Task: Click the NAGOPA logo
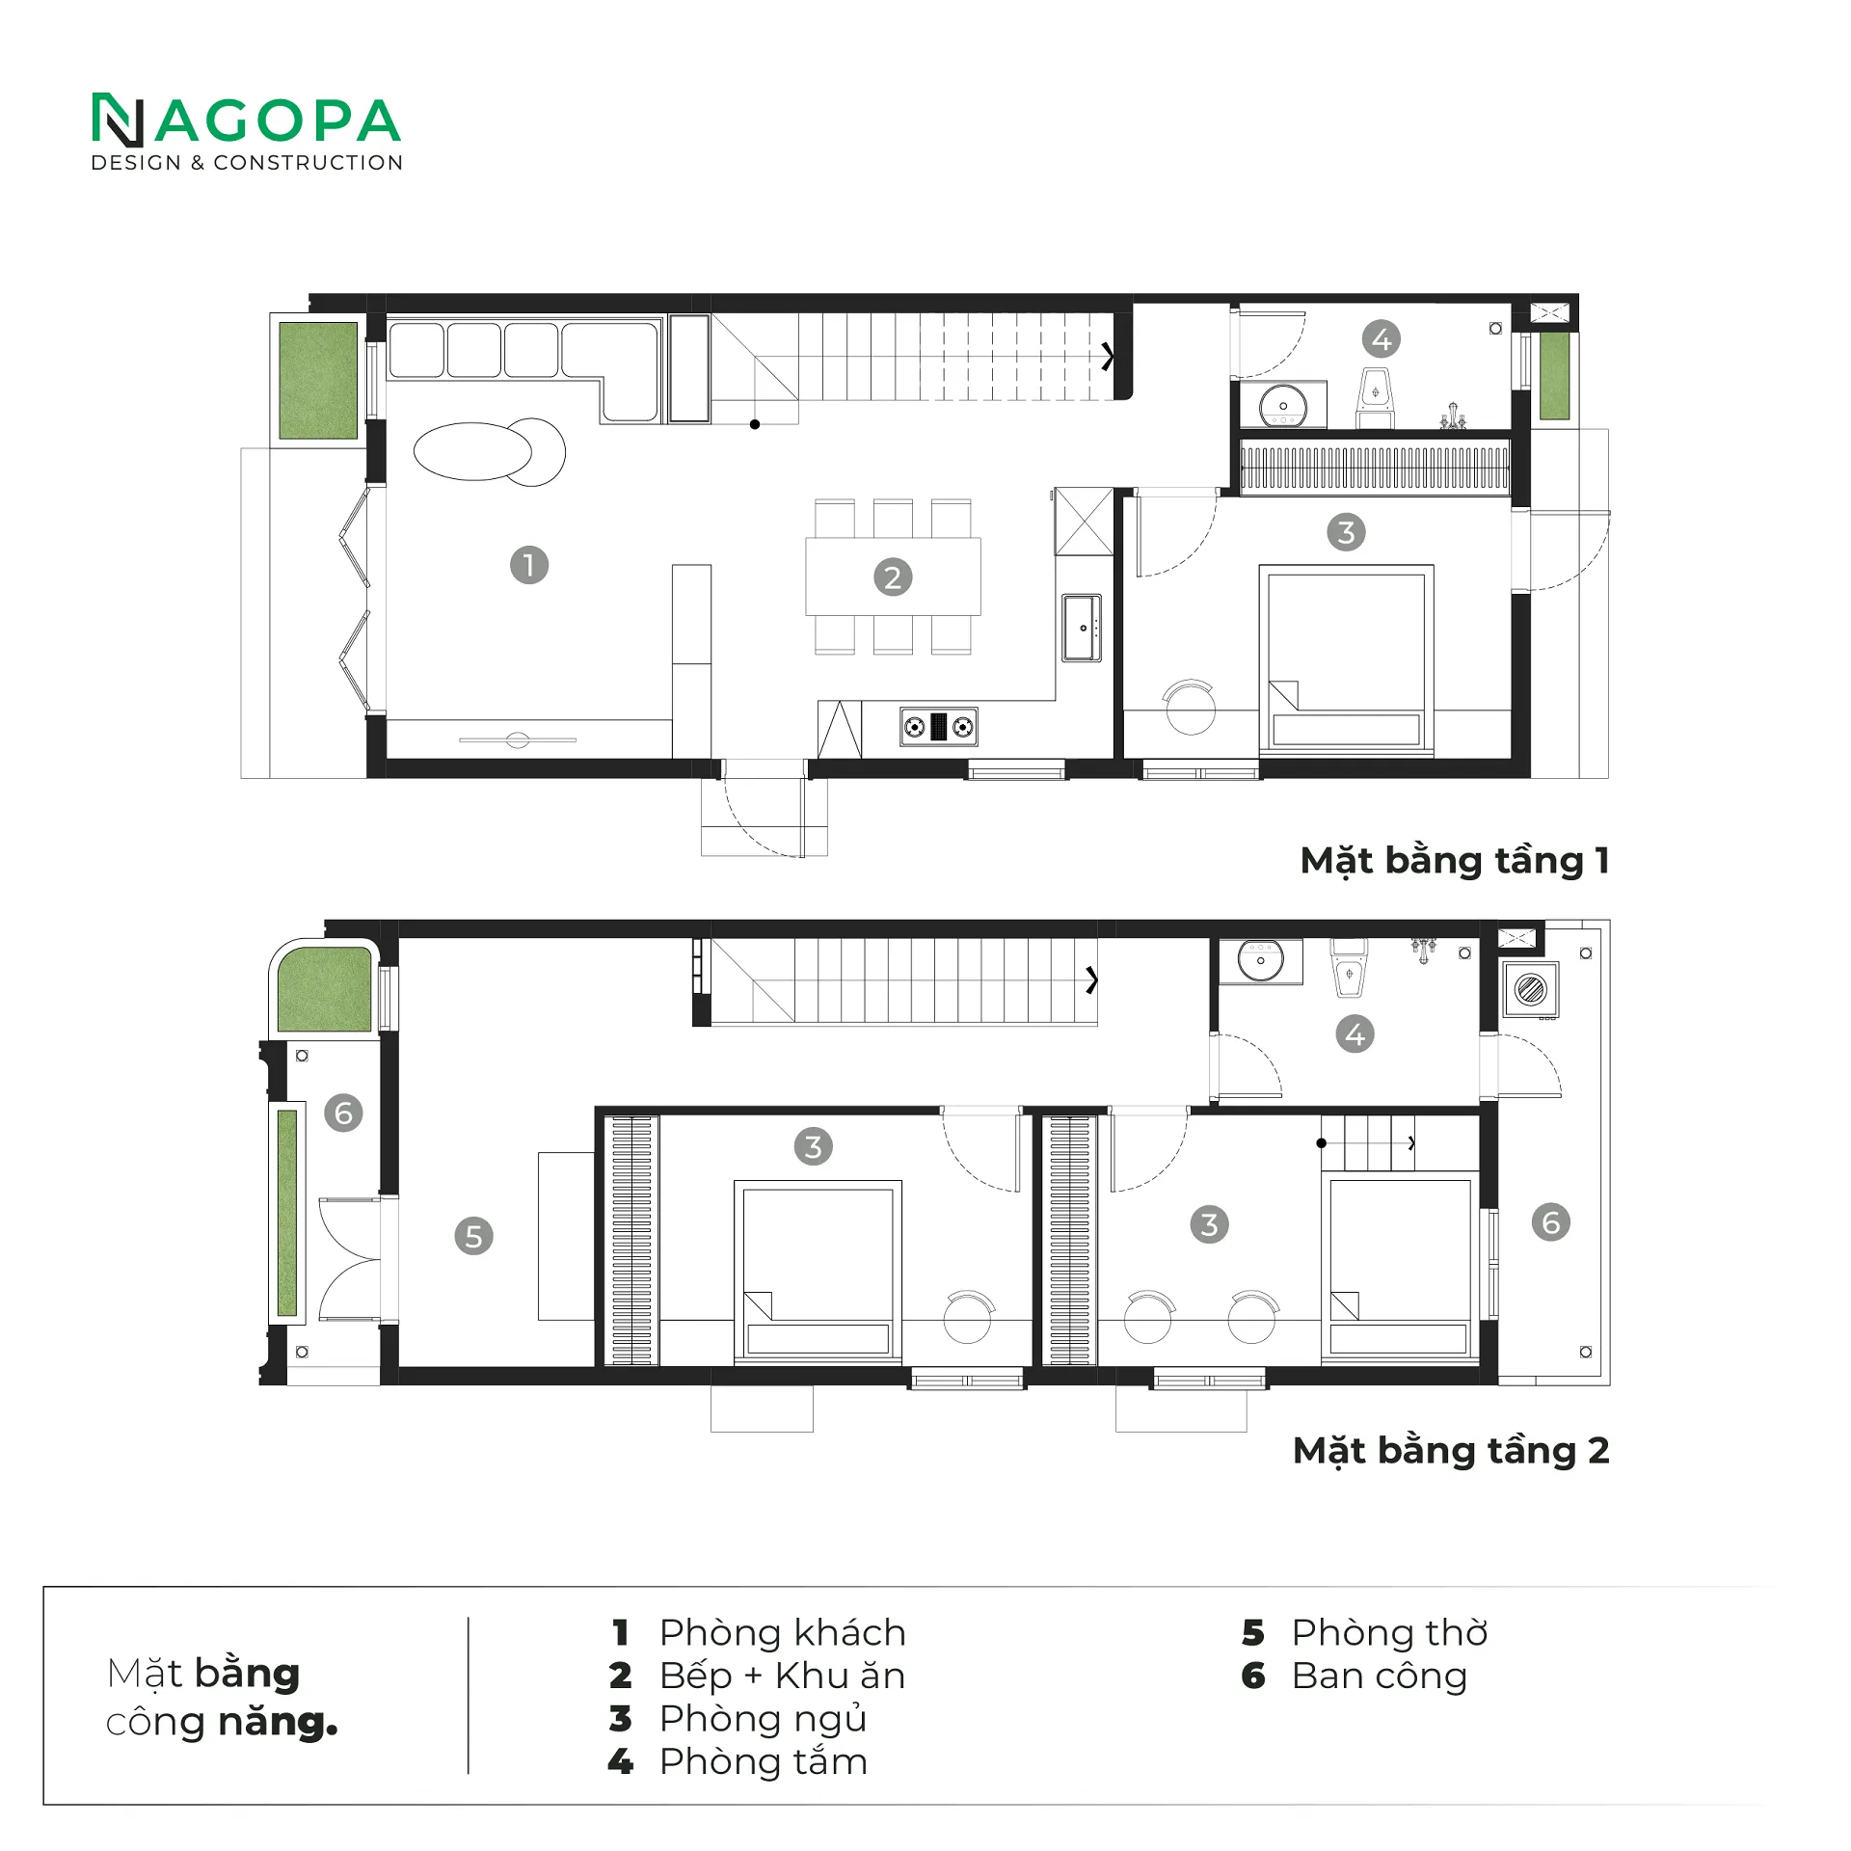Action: click(x=246, y=131)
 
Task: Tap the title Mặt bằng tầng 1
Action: click(x=1455, y=861)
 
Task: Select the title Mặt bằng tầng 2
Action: click(x=1451, y=1451)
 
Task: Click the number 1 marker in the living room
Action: click(x=529, y=565)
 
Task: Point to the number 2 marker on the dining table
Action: click(x=893, y=577)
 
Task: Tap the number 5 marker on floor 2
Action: click(x=473, y=1236)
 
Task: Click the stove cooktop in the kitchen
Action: click(x=939, y=727)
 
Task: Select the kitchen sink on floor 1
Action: click(x=1082, y=628)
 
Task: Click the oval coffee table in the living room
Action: click(x=472, y=451)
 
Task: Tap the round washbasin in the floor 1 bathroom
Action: click(x=1283, y=405)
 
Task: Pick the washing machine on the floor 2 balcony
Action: click(x=1531, y=989)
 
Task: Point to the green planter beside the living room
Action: click(x=318, y=380)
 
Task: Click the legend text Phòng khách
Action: click(x=783, y=1632)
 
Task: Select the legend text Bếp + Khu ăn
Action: click(x=783, y=1676)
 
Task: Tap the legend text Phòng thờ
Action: click(x=1390, y=1632)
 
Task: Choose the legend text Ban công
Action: click(x=1380, y=1677)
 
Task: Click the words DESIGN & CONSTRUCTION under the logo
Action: click(x=247, y=163)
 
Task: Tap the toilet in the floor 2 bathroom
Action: click(x=1349, y=967)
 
